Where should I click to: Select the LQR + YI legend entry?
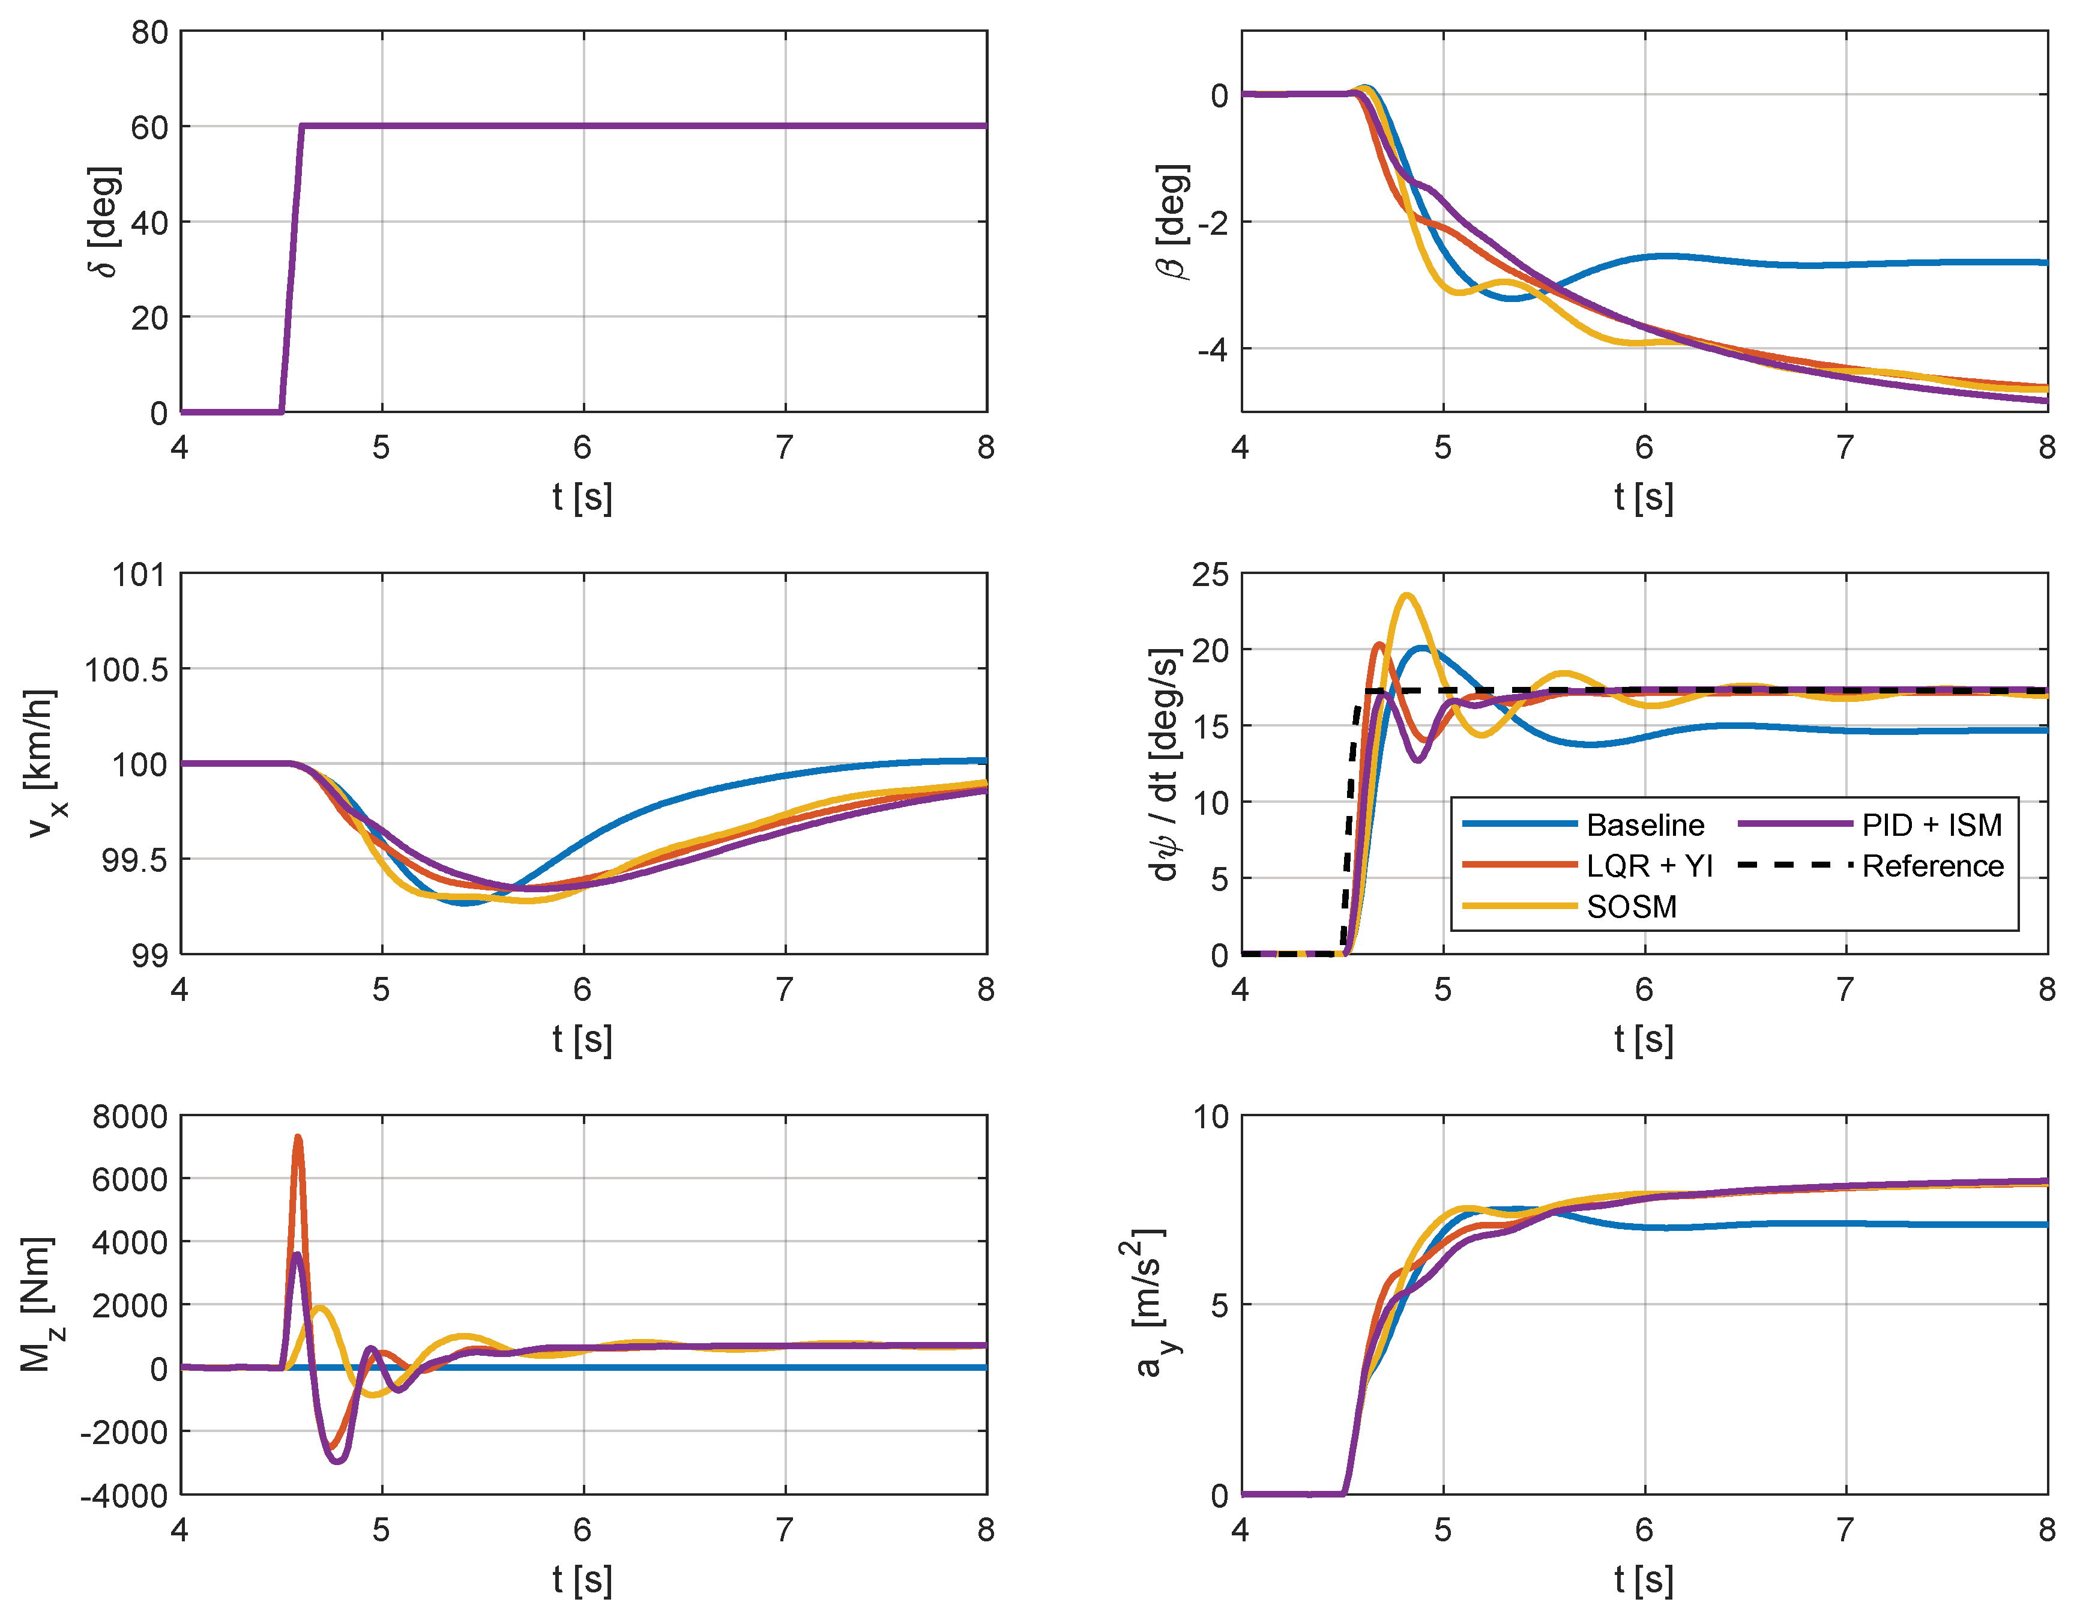pos(1648,866)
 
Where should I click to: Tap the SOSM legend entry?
pos(1631,906)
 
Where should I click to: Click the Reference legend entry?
pos(1932,866)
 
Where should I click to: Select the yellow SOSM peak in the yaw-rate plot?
pos(1406,596)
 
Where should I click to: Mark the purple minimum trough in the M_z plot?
pos(337,1460)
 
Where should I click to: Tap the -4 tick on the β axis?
pos(1212,349)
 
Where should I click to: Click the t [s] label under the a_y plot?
pos(1644,1580)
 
